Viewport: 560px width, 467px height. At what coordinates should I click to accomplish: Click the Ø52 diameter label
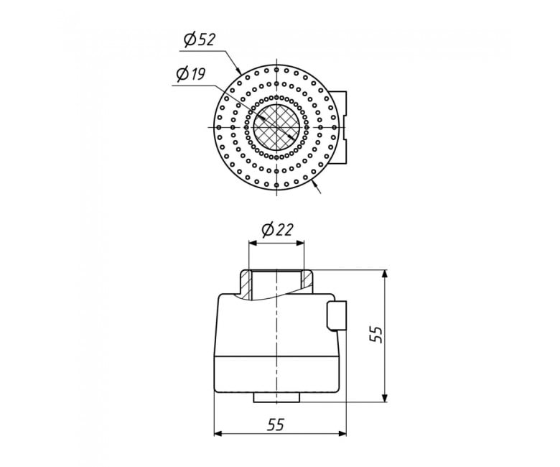point(200,40)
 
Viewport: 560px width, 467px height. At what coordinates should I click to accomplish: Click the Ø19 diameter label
point(191,74)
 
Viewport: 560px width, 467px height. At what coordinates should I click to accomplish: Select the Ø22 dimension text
point(277,230)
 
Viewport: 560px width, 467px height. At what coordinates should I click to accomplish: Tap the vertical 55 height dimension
point(376,335)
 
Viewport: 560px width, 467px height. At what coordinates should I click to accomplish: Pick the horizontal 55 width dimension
point(276,424)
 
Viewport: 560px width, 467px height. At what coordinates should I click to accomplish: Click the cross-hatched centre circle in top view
point(277,127)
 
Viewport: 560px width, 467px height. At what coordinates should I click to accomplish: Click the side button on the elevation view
point(337,316)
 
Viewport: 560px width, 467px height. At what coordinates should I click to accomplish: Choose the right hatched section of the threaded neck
point(307,280)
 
